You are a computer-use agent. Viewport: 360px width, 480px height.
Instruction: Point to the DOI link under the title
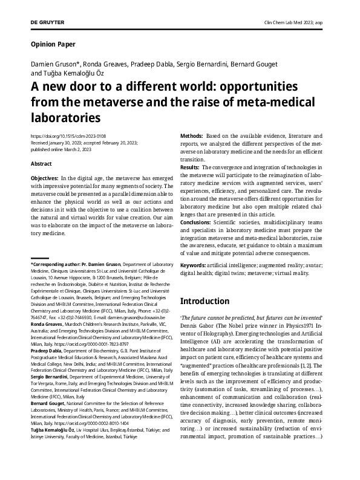click(x=59, y=136)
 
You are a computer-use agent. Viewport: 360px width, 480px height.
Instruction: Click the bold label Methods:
click(x=192, y=137)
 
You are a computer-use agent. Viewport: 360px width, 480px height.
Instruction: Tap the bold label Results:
click(x=191, y=166)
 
